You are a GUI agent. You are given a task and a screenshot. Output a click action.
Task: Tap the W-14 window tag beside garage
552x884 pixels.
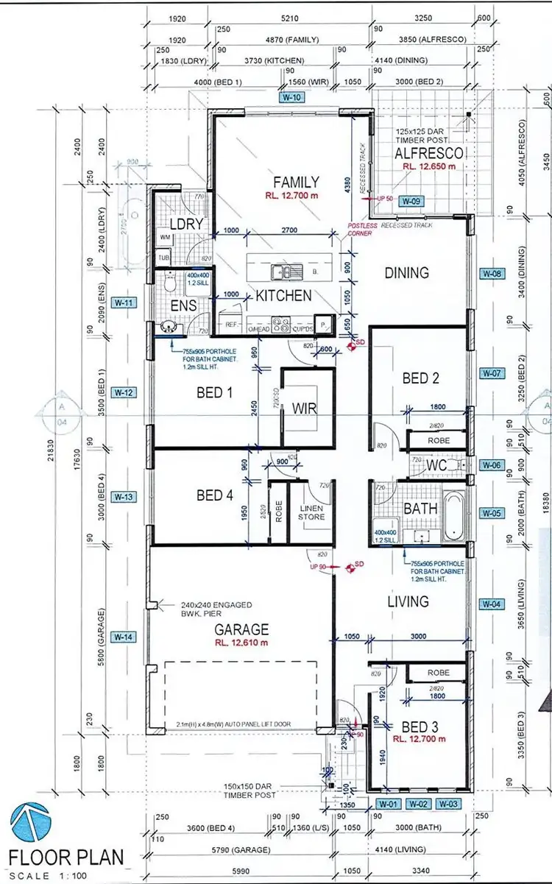click(x=124, y=637)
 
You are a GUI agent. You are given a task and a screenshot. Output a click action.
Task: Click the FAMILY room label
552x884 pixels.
click(x=296, y=183)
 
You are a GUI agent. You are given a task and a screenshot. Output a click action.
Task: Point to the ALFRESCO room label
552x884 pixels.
click(x=429, y=153)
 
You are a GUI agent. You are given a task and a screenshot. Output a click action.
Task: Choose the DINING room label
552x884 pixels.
click(x=406, y=273)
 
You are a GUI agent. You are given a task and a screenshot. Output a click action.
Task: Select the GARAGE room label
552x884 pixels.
click(x=241, y=629)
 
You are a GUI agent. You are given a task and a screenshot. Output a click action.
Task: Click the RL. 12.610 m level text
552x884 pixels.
click(x=241, y=643)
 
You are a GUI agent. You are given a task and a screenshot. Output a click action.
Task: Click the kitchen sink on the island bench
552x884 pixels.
click(x=283, y=271)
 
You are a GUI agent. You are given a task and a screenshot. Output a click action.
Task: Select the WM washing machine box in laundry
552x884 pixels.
click(x=163, y=238)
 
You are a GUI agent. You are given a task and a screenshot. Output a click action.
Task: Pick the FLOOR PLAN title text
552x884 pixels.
click(x=66, y=857)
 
